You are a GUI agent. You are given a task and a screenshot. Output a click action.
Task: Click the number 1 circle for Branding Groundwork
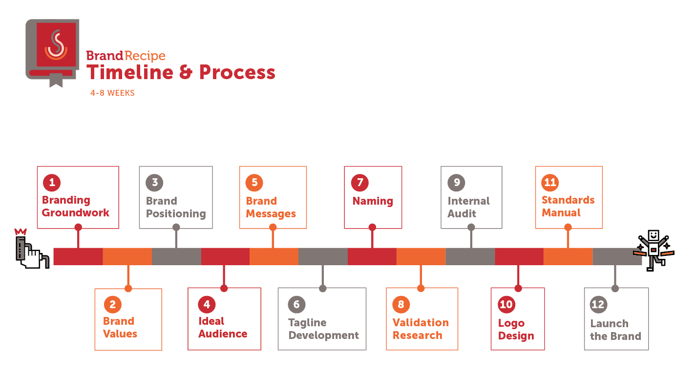pyautogui.click(x=52, y=182)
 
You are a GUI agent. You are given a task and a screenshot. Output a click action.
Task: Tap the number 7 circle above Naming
pyautogui.click(x=360, y=182)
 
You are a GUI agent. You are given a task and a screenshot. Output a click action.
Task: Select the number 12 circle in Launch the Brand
pyautogui.click(x=598, y=304)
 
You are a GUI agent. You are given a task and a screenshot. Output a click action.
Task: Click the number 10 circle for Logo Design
pyautogui.click(x=506, y=304)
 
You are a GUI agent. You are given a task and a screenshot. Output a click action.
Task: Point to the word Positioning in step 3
pyautogui.click(x=176, y=214)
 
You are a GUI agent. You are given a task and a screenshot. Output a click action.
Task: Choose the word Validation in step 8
pyautogui.click(x=421, y=322)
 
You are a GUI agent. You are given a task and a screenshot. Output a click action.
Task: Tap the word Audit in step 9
pyautogui.click(x=462, y=213)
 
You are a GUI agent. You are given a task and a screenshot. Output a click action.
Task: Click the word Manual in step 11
pyautogui.click(x=561, y=212)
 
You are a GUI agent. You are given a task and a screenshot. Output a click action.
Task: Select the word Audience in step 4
pyautogui.click(x=223, y=334)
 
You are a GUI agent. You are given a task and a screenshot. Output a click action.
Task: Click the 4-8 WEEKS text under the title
pyautogui.click(x=112, y=93)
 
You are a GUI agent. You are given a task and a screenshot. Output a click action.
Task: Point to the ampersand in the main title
pyautogui.click(x=186, y=72)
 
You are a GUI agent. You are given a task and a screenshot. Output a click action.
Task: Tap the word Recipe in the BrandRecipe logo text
pyautogui.click(x=145, y=56)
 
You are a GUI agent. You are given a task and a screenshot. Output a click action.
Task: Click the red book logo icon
pyautogui.click(x=52, y=53)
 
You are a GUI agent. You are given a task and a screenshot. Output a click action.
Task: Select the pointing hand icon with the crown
pyautogui.click(x=32, y=249)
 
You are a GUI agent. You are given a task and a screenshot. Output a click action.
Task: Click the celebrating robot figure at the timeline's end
pyautogui.click(x=654, y=251)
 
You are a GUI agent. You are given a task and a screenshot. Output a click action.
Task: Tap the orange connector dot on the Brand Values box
pyautogui.click(x=128, y=289)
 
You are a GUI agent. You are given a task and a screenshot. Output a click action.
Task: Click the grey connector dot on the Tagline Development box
pyautogui.click(x=323, y=289)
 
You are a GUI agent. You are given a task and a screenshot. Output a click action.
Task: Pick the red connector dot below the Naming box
pyautogui.click(x=372, y=228)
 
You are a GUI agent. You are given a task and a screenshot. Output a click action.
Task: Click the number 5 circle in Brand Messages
pyautogui.click(x=254, y=182)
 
